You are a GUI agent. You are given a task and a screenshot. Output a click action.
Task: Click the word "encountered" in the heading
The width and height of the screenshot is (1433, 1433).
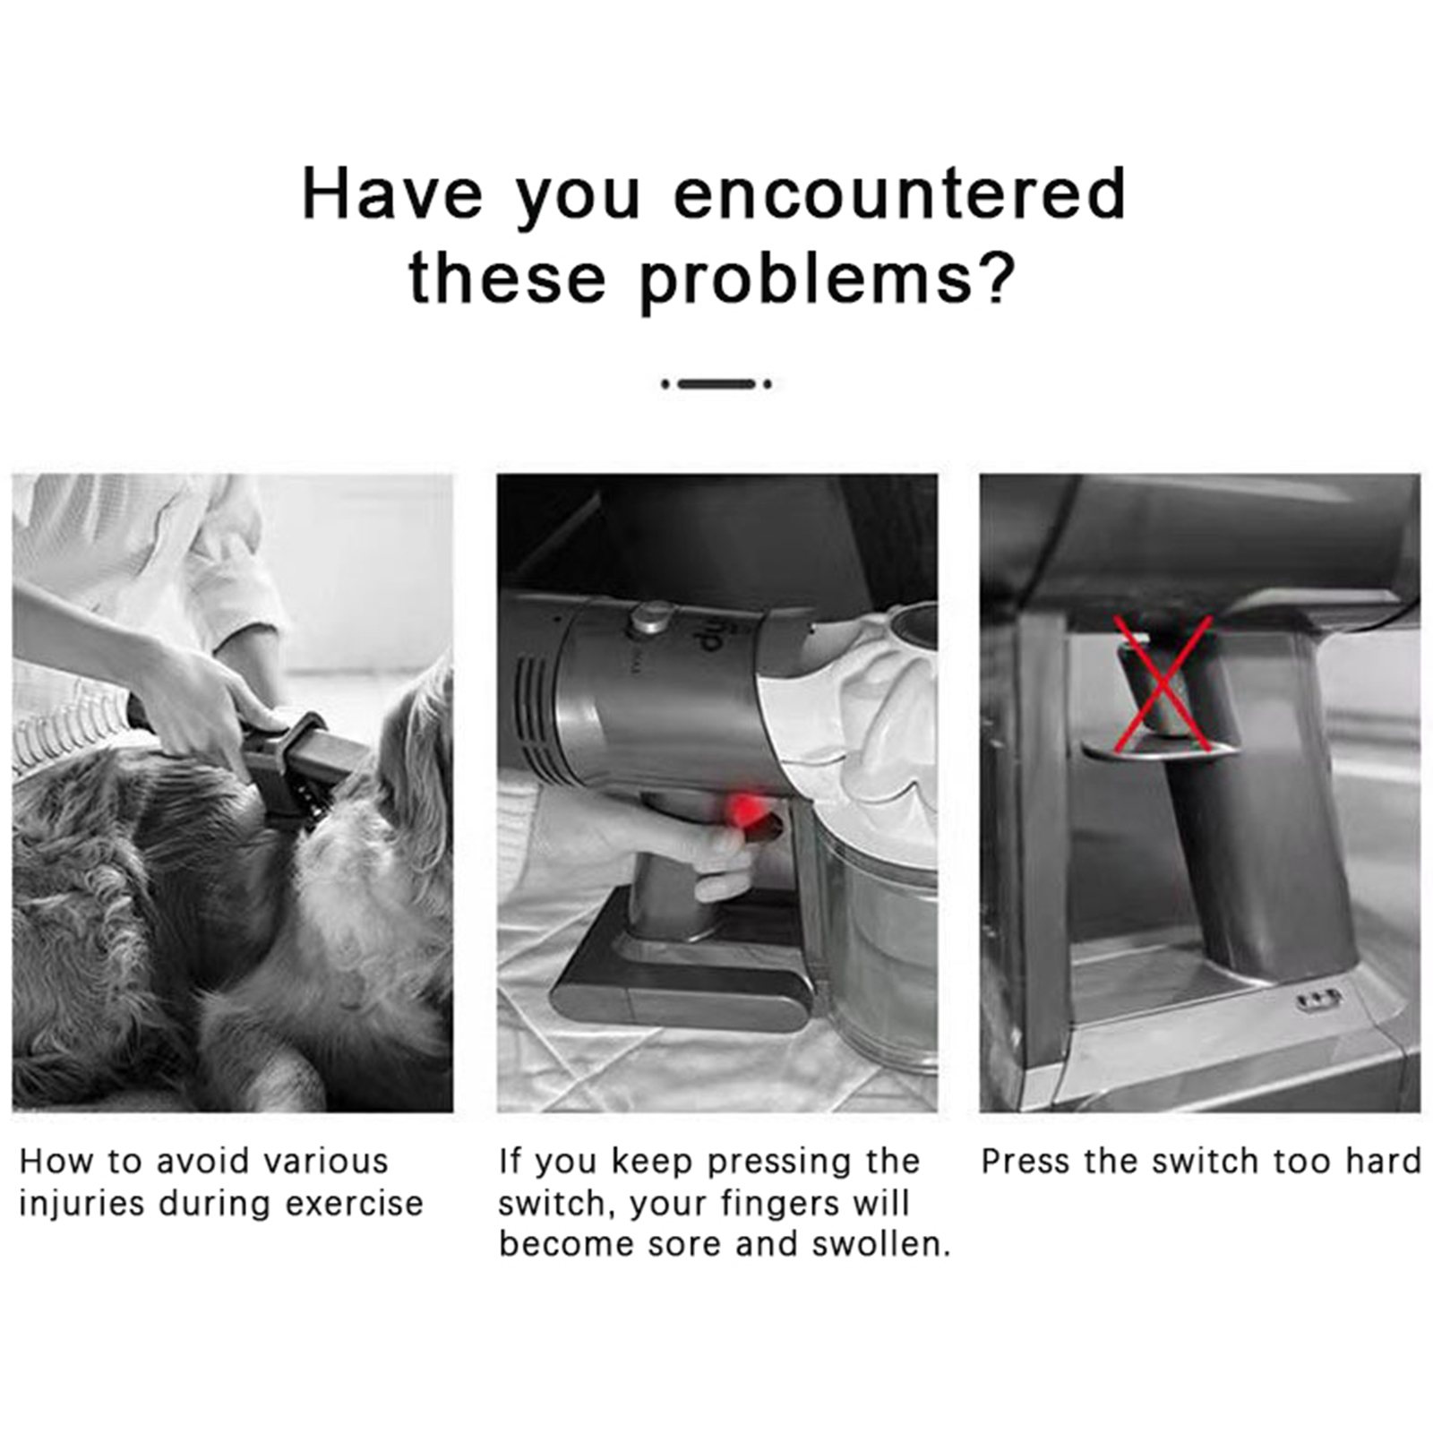tap(899, 193)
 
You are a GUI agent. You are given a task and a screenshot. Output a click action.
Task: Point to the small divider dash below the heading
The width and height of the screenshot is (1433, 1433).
tap(716, 384)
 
